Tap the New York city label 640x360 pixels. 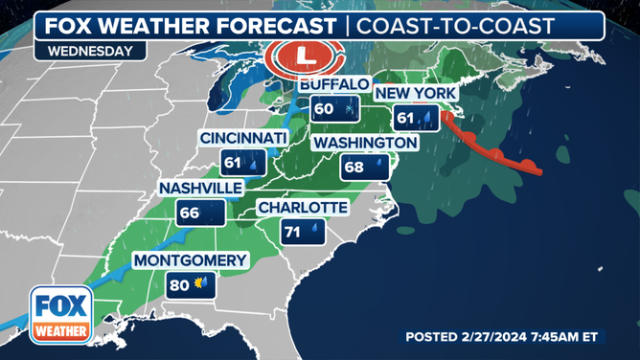coord(416,93)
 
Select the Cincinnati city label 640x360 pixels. coord(243,140)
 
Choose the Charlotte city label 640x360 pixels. coord(302,208)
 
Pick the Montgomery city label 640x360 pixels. coord(190,260)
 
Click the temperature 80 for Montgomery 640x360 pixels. coord(178,284)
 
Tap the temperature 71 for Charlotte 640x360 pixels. coord(293,232)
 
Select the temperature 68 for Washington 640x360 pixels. coord(354,168)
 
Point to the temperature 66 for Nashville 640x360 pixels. coord(188,213)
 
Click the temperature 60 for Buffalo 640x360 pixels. coord(324,108)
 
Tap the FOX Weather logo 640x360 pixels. coord(61,315)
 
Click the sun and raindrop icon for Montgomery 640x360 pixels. coord(201,284)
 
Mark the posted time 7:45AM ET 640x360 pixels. coord(579,337)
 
